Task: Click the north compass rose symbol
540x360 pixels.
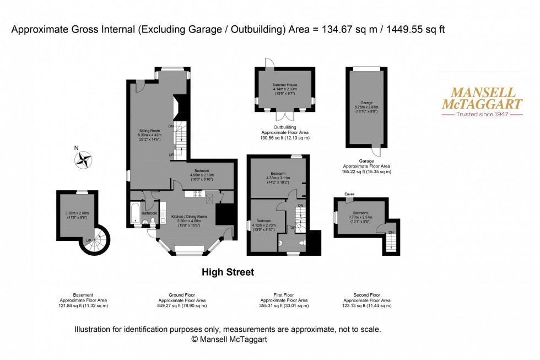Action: (x=84, y=160)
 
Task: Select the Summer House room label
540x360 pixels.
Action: (x=284, y=88)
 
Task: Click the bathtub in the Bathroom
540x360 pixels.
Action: (x=136, y=213)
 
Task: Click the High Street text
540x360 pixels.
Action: (x=228, y=272)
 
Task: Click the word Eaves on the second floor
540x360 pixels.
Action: (x=349, y=194)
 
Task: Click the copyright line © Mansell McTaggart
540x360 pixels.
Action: (x=229, y=340)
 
